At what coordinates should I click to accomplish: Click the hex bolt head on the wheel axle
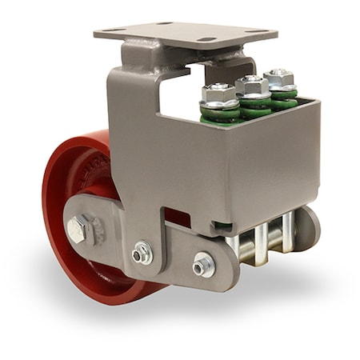point(78,230)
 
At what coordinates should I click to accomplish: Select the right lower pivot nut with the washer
point(204,262)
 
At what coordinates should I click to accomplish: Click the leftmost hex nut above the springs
point(219,94)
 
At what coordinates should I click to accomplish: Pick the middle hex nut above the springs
point(252,85)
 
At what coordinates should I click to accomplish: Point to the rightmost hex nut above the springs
point(279,78)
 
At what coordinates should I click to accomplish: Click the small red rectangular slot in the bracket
point(177,218)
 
